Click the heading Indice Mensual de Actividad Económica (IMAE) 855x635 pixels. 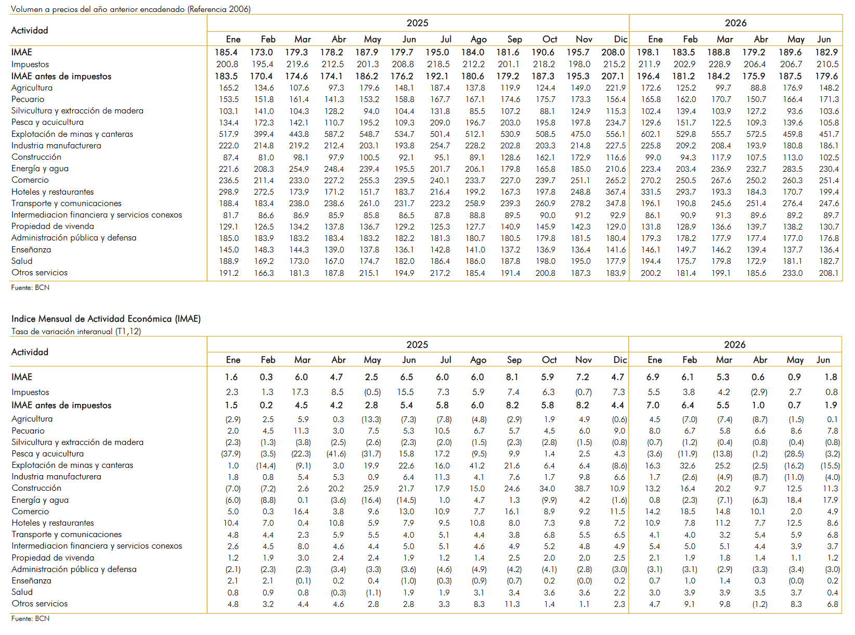[x=106, y=319]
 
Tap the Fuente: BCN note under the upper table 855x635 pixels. [x=30, y=287]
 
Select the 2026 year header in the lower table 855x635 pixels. [x=734, y=345]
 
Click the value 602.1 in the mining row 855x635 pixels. [x=650, y=134]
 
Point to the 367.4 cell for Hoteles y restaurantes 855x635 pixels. [x=616, y=192]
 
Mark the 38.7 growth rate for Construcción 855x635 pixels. [x=581, y=488]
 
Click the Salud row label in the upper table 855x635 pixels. [x=22, y=261]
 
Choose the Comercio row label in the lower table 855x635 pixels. [x=30, y=511]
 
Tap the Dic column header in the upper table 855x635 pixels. [x=620, y=40]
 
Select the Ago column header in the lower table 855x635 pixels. [x=478, y=360]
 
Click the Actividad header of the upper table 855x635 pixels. [x=30, y=30]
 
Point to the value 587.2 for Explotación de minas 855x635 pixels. [x=334, y=134]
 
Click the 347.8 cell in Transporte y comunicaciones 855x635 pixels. [x=616, y=204]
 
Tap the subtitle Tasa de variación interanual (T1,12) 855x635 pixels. [x=76, y=332]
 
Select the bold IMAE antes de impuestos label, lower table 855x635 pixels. [x=61, y=405]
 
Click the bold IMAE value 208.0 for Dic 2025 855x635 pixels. [x=613, y=52]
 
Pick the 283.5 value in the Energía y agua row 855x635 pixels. [x=792, y=169]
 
